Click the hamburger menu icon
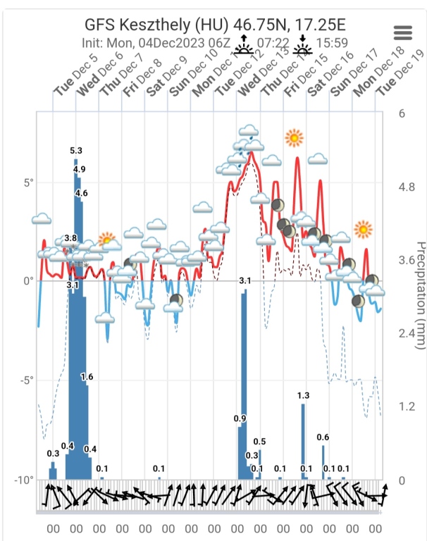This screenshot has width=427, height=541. (403, 33)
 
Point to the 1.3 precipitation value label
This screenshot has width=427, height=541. (304, 395)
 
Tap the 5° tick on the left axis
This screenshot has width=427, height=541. (27, 182)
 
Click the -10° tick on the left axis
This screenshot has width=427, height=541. (24, 480)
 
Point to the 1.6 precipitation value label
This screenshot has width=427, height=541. (87, 377)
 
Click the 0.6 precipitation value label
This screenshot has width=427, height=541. (323, 437)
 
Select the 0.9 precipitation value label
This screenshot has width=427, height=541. (240, 418)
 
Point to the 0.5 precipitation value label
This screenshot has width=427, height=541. (259, 442)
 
